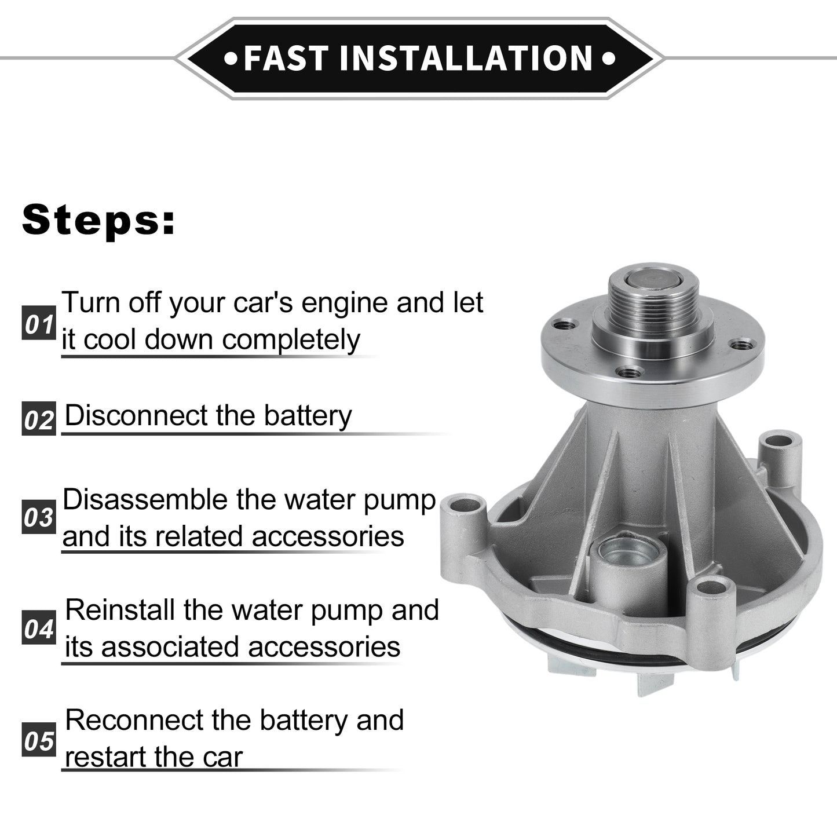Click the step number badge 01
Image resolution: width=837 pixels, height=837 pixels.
(39, 323)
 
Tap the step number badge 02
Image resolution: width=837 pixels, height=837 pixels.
(39, 419)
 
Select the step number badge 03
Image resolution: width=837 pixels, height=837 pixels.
(39, 517)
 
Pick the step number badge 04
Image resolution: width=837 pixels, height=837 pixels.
(39, 627)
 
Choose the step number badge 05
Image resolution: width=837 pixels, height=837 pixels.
(39, 740)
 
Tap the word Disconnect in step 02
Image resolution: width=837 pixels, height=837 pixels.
(136, 415)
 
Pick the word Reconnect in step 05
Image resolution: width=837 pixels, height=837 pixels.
(134, 721)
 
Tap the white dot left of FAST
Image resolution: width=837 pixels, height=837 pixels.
(231, 59)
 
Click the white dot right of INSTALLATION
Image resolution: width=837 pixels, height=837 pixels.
(609, 59)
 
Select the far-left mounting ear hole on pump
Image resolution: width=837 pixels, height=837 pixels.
(465, 506)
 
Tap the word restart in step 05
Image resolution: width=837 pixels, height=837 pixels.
(105, 758)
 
